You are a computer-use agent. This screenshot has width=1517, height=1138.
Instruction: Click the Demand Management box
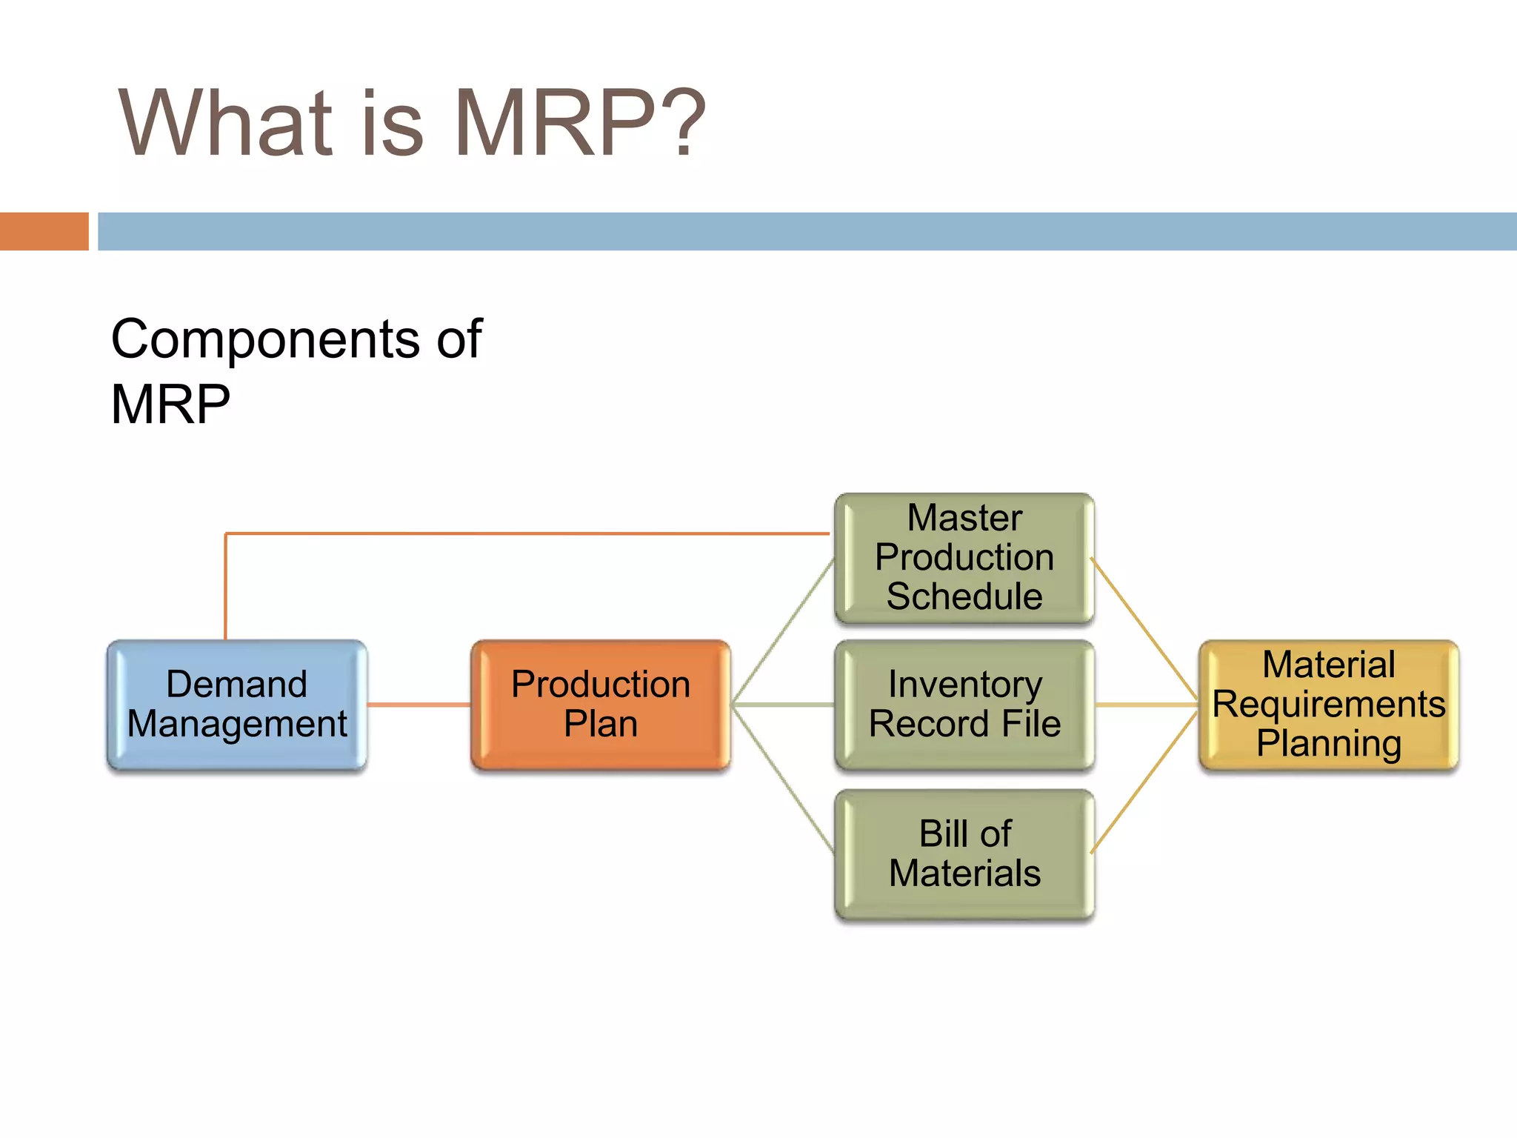click(236, 704)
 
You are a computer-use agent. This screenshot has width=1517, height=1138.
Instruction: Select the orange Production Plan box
click(600, 704)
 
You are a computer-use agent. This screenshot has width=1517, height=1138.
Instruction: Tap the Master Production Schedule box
click(964, 557)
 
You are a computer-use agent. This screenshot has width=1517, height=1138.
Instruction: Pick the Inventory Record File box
click(964, 704)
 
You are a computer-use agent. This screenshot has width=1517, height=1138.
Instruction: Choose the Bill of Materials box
click(964, 853)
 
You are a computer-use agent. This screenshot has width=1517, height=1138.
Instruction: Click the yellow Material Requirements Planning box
click(1328, 704)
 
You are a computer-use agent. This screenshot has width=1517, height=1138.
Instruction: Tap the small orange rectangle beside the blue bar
click(44, 231)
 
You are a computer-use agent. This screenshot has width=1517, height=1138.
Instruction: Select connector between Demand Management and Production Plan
click(419, 705)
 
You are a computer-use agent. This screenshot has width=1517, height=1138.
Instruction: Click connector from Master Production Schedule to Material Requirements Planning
click(1144, 631)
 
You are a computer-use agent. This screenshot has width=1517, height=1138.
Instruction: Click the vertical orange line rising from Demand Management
click(226, 585)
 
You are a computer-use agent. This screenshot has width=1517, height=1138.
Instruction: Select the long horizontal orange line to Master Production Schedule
click(526, 533)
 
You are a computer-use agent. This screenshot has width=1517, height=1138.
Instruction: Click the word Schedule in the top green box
click(964, 596)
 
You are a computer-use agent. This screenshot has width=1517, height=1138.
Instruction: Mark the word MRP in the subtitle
click(170, 405)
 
